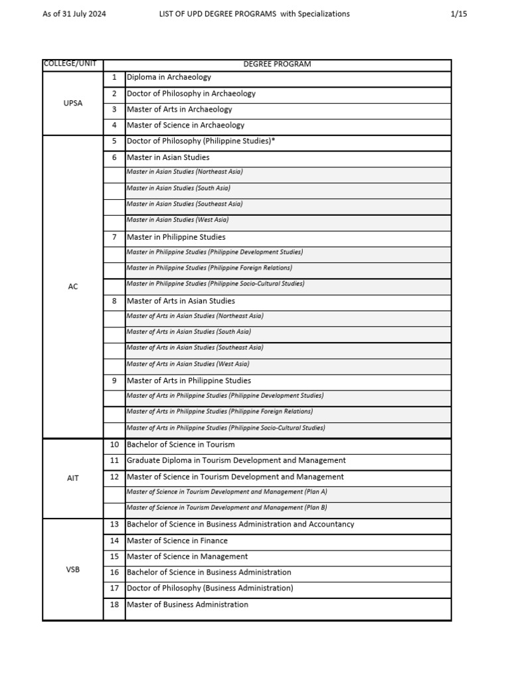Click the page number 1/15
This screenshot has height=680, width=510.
(458, 14)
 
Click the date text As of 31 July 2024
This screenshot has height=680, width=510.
(74, 14)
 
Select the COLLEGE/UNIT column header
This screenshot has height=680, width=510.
(70, 64)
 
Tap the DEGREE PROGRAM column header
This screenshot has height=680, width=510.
(277, 64)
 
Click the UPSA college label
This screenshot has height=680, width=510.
(73, 103)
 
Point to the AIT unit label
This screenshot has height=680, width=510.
(73, 478)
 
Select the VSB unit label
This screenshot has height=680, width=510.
(73, 570)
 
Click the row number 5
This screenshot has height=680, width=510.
(114, 141)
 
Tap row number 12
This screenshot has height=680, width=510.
(114, 477)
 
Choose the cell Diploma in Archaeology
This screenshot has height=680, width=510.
(169, 78)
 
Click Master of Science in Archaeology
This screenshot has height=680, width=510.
(185, 126)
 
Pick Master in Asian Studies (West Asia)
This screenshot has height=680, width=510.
(177, 220)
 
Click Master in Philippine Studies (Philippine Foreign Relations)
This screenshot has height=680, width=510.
(209, 268)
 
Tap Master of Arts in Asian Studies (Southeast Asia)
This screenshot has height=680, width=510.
(195, 347)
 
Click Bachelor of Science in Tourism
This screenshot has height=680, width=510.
(181, 445)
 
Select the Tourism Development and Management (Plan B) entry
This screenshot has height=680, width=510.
(226, 508)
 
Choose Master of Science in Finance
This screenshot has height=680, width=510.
(177, 541)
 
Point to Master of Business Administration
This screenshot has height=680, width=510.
(187, 605)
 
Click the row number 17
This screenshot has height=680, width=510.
(114, 588)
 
